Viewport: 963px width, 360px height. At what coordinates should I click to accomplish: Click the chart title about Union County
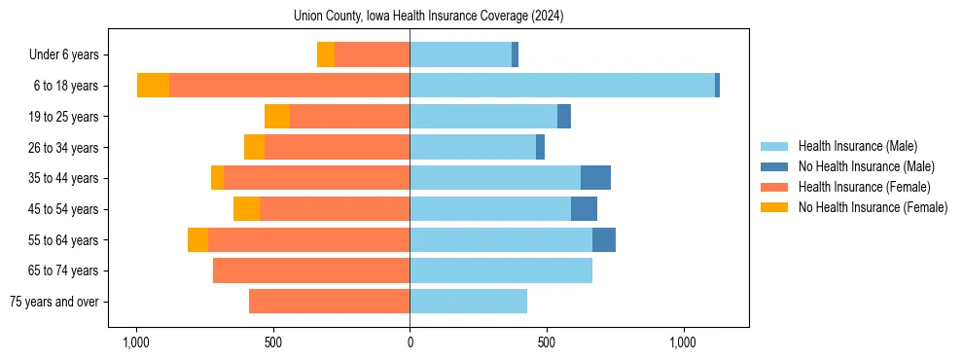pyautogui.click(x=429, y=17)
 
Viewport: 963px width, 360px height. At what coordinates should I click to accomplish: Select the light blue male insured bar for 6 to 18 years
pyautogui.click(x=562, y=86)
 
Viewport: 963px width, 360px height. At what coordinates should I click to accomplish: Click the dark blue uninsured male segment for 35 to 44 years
pyautogui.click(x=595, y=178)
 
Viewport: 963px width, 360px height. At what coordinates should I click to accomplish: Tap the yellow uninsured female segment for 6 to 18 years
pyautogui.click(x=153, y=86)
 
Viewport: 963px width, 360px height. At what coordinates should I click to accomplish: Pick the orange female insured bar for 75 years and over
pyautogui.click(x=329, y=302)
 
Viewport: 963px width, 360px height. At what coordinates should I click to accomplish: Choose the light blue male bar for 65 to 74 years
pyautogui.click(x=501, y=270)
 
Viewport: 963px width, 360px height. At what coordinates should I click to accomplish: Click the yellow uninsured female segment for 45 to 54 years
pyautogui.click(x=246, y=209)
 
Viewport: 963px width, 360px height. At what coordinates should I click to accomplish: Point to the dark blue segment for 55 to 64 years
pyautogui.click(x=604, y=239)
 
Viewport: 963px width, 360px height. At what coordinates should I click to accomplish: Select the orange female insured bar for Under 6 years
pyautogui.click(x=372, y=54)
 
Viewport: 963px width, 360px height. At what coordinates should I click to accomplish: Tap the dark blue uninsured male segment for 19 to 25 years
pyautogui.click(x=564, y=117)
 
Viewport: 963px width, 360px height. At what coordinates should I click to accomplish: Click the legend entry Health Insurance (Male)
pyautogui.click(x=857, y=146)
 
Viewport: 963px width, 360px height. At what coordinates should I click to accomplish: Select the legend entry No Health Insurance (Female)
pyautogui.click(x=873, y=207)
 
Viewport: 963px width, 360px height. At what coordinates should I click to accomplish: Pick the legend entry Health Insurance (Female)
pyautogui.click(x=864, y=187)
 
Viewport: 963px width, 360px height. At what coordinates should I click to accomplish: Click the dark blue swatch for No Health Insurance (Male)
pyautogui.click(x=775, y=166)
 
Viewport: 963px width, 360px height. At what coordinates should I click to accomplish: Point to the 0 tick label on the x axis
pyautogui.click(x=410, y=342)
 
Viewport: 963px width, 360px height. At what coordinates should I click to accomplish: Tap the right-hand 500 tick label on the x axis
pyautogui.click(x=547, y=342)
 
